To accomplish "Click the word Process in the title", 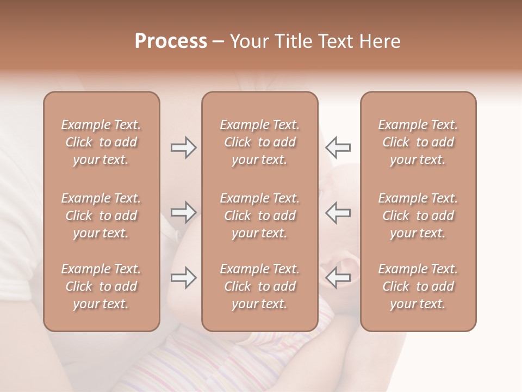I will tap(171, 41).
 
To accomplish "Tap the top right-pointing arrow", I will tap(183, 148).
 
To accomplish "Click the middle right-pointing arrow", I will tap(183, 212).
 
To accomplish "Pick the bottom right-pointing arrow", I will tap(183, 278).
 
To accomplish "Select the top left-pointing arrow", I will tap(338, 148).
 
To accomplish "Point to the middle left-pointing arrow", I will tap(338, 212).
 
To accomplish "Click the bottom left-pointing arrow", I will tap(338, 278).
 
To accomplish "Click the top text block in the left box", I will tap(101, 142).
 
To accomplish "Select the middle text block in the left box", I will tap(101, 216).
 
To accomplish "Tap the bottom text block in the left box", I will tap(101, 286).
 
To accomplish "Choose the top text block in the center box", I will tap(259, 142).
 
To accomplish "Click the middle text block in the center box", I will tap(259, 216).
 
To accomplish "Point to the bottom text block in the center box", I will tap(259, 286).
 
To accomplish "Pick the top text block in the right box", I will tap(418, 142).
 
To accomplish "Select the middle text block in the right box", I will tap(418, 216).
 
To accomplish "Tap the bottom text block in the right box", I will tap(418, 286).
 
